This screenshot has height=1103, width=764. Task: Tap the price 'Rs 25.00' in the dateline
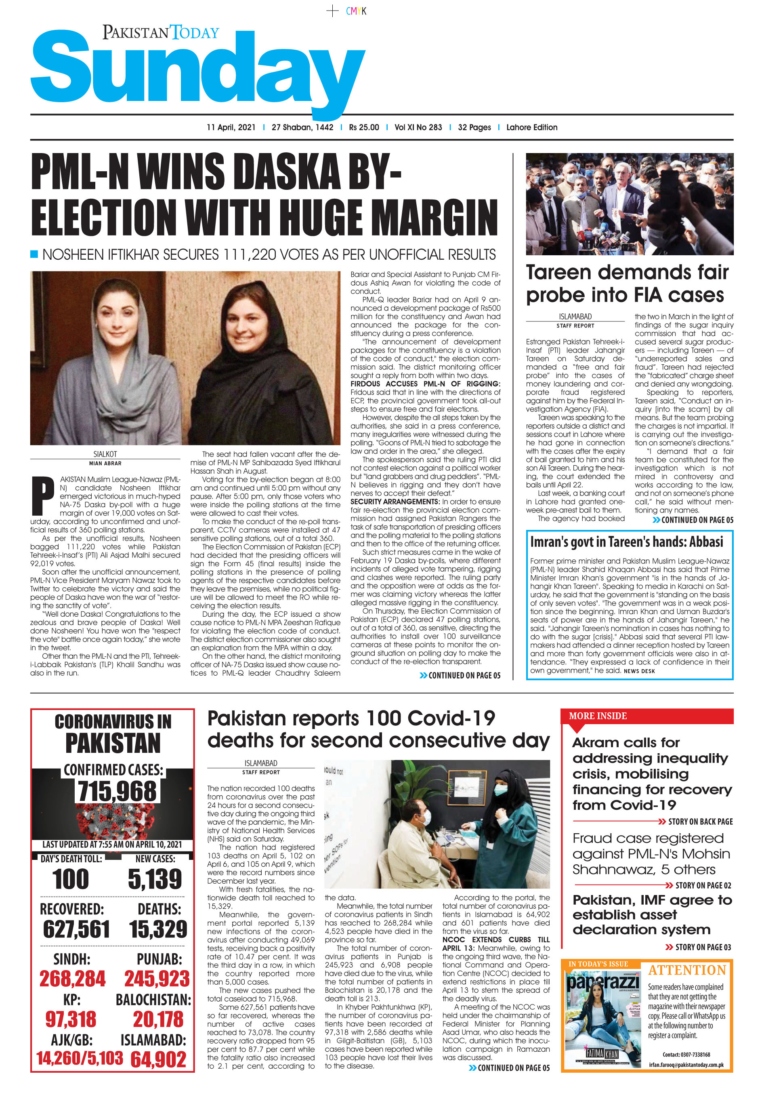[x=363, y=127]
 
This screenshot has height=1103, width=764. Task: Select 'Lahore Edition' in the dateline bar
[x=531, y=127]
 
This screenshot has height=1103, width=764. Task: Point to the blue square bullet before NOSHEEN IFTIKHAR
[x=34, y=254]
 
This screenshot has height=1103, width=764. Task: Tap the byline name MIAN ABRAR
[x=105, y=463]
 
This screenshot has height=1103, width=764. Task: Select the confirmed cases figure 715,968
[x=117, y=791]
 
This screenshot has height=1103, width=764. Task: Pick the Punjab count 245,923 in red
[x=157, y=979]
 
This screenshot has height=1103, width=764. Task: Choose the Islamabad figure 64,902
[x=158, y=1059]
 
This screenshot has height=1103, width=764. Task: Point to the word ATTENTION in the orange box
[x=686, y=971]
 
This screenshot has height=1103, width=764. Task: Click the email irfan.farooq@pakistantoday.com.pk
[x=686, y=1065]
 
